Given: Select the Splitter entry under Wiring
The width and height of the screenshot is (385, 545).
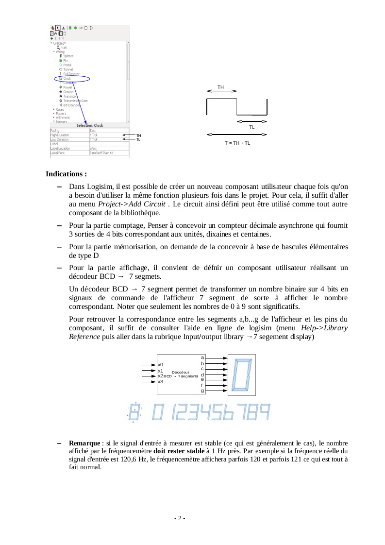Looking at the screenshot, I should click(x=68, y=56).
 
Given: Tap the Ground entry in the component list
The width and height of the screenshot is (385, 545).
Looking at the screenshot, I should click(x=68, y=92).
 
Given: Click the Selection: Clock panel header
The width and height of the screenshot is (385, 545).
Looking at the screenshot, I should click(x=90, y=125).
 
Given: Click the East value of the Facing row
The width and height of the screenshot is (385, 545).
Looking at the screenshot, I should click(x=93, y=130).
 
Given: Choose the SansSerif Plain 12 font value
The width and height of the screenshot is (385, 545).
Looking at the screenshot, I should click(x=101, y=153).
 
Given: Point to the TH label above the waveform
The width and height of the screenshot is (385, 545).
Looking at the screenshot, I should click(x=221, y=87).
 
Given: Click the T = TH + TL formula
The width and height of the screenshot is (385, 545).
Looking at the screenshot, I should click(x=237, y=143).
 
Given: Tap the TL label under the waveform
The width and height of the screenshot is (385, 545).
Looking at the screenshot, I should click(x=251, y=127).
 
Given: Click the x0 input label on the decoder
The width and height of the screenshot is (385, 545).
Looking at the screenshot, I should click(x=161, y=364).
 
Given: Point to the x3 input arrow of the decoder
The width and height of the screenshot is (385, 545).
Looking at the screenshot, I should click(x=148, y=382).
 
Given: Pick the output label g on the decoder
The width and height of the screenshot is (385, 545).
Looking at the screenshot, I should click(x=202, y=391).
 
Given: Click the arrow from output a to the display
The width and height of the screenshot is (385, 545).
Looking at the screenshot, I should click(x=217, y=358).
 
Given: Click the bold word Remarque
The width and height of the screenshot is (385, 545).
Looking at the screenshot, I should click(x=84, y=443).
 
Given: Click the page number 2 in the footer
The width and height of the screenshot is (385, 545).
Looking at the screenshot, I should click(x=180, y=518).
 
